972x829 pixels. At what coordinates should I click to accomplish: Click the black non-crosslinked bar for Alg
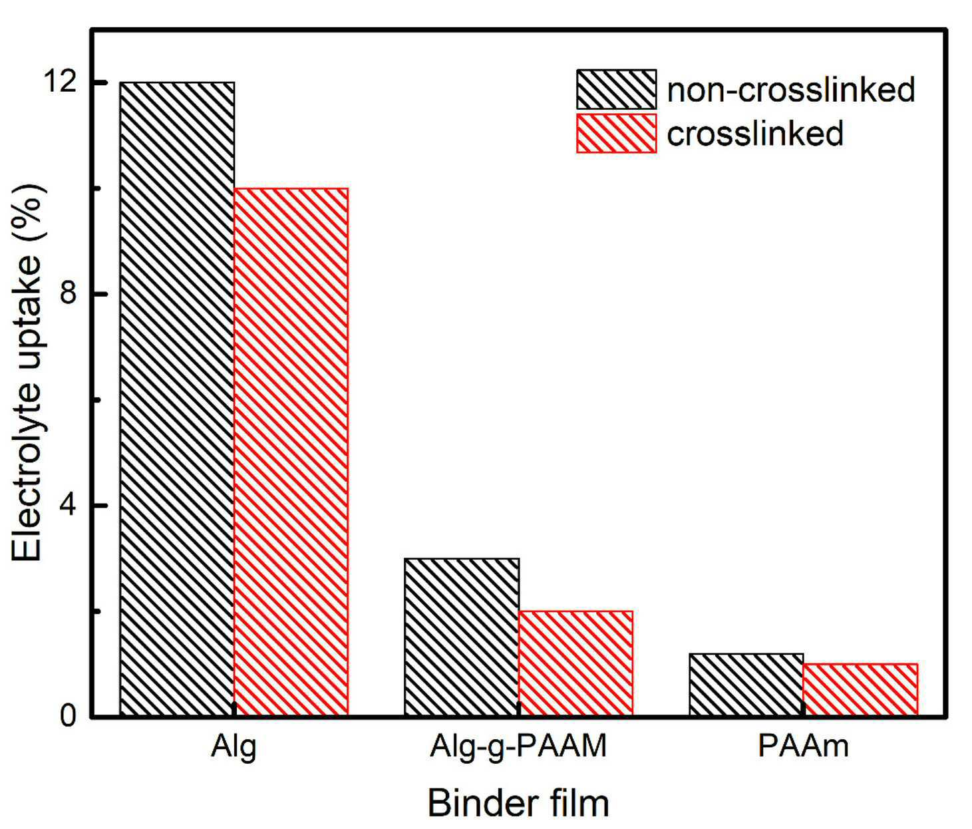coord(177,399)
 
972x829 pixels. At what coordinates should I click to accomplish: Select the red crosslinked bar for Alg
coord(291,452)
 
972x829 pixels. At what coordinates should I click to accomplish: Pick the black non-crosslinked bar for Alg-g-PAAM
coord(462,637)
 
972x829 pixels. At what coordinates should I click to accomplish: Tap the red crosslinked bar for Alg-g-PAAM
coord(575,663)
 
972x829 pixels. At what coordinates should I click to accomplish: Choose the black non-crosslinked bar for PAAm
coord(746,685)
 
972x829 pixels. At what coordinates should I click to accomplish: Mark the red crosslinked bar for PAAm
coord(860,691)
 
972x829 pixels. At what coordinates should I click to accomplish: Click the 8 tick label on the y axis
coord(68,294)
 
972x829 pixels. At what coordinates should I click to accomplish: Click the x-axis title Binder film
coord(518,804)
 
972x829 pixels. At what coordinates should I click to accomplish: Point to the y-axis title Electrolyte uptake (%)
coord(27,372)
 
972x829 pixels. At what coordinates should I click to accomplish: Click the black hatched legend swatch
coord(617,89)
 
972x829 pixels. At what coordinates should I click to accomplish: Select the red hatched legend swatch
coord(617,133)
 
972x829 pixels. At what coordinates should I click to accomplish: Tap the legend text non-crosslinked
coord(791,89)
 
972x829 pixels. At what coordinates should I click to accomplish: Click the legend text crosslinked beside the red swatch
coord(755,134)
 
